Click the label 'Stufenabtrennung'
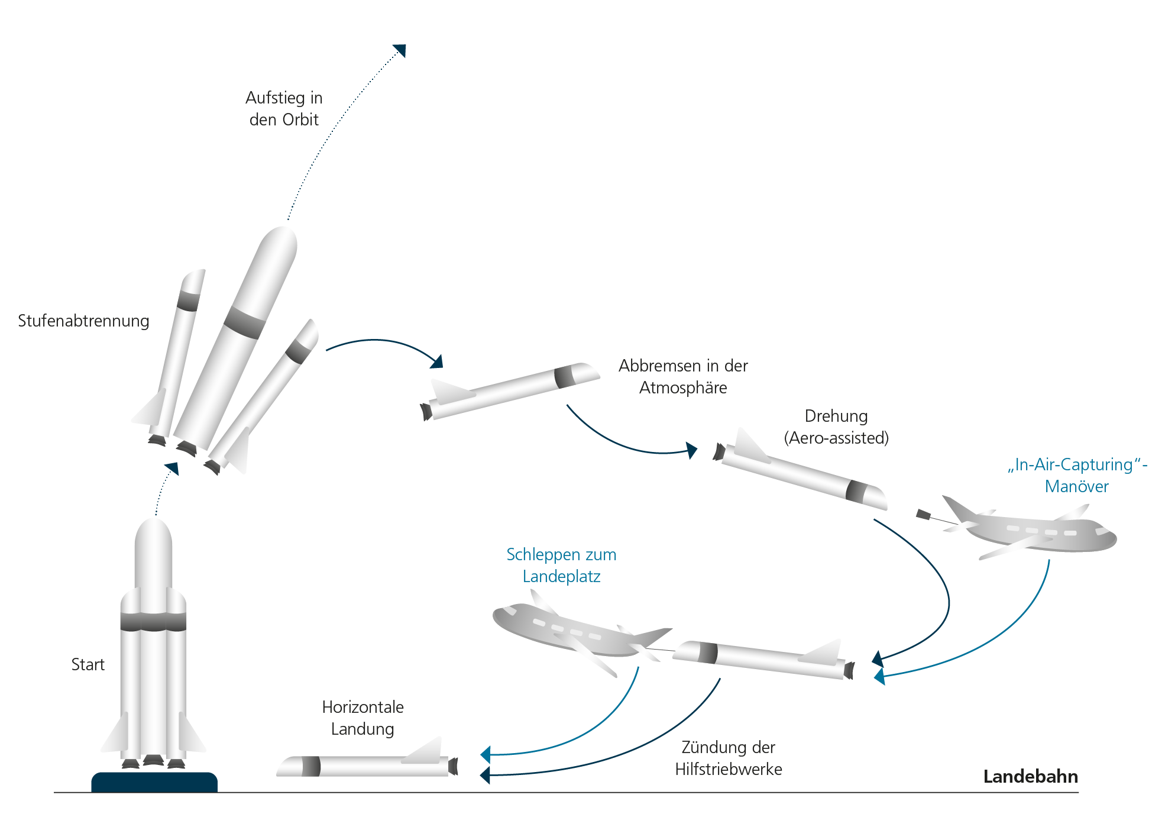[x=83, y=321]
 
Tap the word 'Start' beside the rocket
[x=88, y=664]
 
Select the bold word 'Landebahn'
[x=1030, y=776]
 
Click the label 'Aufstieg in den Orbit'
[x=284, y=108]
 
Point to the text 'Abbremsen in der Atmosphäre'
[x=683, y=376]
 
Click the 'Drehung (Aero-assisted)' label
[x=836, y=427]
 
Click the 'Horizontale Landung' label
[x=363, y=718]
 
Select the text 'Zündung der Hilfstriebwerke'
[x=728, y=758]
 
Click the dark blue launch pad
[x=154, y=782]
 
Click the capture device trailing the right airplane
[x=923, y=515]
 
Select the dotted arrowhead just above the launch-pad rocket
[x=173, y=468]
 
